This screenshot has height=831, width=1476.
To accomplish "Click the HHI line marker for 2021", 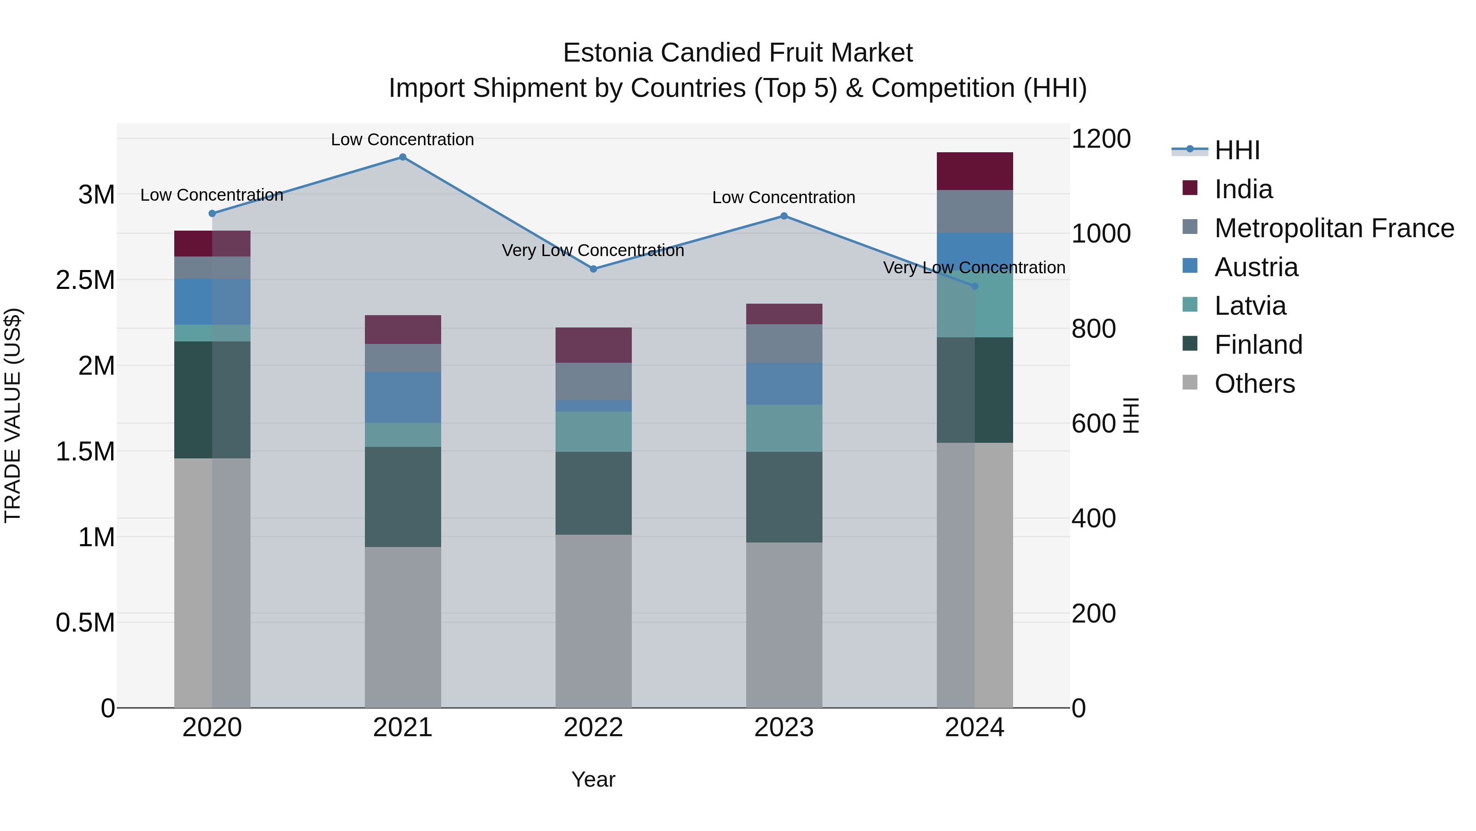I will [402, 157].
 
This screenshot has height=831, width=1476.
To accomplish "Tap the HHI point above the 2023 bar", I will [784, 216].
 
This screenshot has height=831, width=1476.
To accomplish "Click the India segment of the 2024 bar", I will [974, 171].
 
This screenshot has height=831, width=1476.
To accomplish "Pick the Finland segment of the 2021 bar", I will [402, 497].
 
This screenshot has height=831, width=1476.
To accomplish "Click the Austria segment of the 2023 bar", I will [784, 384].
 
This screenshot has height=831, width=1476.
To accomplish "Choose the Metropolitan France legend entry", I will [1334, 228].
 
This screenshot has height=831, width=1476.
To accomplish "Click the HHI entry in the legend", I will [1237, 150].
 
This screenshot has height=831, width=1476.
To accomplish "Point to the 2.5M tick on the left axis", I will [85, 280].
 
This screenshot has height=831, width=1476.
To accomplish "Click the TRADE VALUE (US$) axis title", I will [13, 415].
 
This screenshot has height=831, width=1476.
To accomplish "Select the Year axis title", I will [593, 779].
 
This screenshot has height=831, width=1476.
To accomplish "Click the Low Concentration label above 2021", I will [402, 140].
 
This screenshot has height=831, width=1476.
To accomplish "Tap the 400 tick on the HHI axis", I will [1093, 518].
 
